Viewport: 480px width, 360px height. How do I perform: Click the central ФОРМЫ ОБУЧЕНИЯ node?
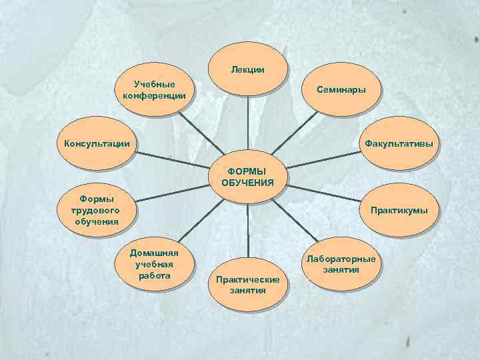247,177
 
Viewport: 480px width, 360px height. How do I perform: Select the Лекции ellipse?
248,69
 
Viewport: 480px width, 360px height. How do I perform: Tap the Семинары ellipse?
341,89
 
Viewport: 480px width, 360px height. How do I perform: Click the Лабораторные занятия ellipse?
341,264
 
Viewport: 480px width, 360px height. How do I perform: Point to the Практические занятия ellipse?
247,285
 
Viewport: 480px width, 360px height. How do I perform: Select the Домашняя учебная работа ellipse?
154,264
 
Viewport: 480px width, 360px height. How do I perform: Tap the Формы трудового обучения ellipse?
97,211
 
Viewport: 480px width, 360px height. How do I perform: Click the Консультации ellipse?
97,143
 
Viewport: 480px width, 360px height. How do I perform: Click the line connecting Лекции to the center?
247,127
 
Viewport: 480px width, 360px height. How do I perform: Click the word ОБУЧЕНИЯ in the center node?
247,182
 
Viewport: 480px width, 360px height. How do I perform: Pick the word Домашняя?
154,253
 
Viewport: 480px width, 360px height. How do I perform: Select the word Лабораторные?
341,259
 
